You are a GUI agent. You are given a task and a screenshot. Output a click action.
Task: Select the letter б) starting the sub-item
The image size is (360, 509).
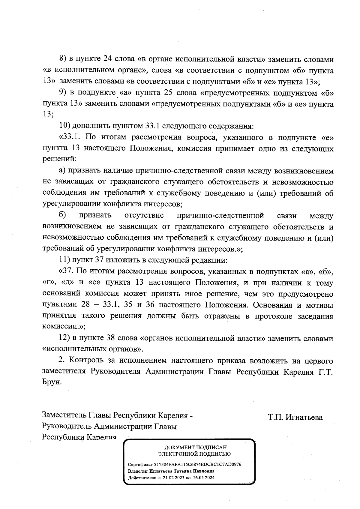pyautogui.click(x=62, y=215)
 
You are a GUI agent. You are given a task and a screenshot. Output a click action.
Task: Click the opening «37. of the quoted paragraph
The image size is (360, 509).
pyautogui.click(x=67, y=271)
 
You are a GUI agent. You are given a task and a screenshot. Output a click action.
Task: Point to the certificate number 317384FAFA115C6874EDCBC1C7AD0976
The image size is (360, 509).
pyautogui.click(x=197, y=464)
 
